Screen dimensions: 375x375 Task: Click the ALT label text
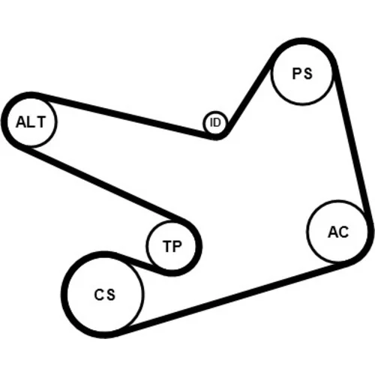pos(31,122)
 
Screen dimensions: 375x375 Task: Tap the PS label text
pos(302,73)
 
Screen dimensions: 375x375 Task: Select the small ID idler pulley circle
pos(215,123)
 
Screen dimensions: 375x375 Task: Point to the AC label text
pos(338,232)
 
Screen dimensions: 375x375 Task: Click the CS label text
pos(105,294)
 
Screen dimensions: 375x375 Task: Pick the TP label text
pos(172,246)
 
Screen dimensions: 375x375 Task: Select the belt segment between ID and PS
pos(248,95)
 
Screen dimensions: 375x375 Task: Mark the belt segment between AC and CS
pos(232,298)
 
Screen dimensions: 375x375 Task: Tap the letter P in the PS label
pos(297,73)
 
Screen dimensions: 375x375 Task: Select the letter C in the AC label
pos(343,232)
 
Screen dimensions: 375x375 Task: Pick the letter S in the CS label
pos(111,295)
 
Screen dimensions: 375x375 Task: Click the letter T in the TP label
pos(167,246)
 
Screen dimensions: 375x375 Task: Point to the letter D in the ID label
pos(217,122)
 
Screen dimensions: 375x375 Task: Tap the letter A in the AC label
pos(333,232)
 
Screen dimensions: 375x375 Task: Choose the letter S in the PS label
pos(308,74)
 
